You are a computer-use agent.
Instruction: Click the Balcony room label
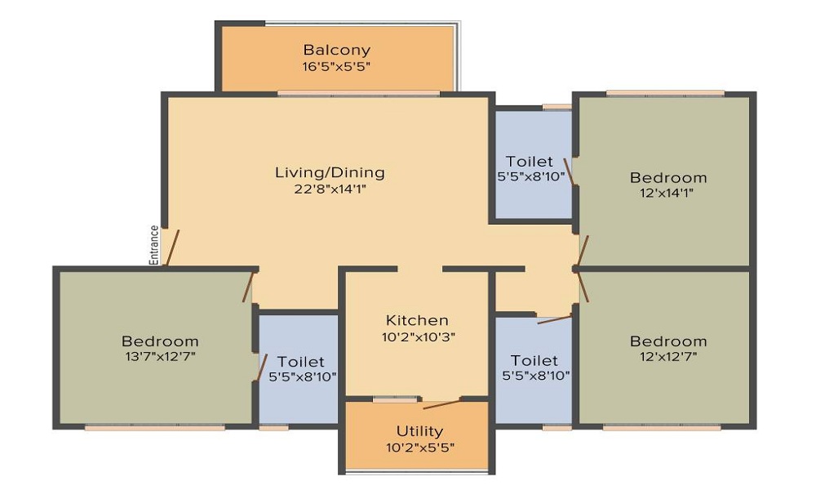pos(337,50)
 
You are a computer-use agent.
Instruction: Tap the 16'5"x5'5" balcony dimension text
pos(336,67)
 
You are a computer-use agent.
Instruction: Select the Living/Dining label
pos(330,172)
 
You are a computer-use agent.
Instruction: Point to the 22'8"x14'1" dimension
pos(330,189)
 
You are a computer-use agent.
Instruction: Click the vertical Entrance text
pos(154,245)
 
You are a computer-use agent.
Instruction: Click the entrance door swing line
pos(172,248)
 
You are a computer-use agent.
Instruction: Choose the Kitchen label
pos(417,320)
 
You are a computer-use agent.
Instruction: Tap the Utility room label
pos(419,431)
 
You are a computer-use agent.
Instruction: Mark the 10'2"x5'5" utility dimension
pos(420,448)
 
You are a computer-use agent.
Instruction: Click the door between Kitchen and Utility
pos(441,404)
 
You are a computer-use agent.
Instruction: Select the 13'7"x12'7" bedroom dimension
pos(160,357)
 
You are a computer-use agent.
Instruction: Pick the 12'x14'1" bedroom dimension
pos(667,193)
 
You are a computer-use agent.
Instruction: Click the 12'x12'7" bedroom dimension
pos(668,357)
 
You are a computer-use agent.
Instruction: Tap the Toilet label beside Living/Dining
pos(530,162)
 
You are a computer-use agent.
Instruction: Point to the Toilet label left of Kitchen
pos(300,362)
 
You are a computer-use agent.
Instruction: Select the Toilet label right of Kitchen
pos(534,360)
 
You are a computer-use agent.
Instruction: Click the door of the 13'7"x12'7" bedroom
pos(248,287)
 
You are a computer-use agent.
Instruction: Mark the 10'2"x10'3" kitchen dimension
pos(419,337)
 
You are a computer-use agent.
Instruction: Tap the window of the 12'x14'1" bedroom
pos(665,94)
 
